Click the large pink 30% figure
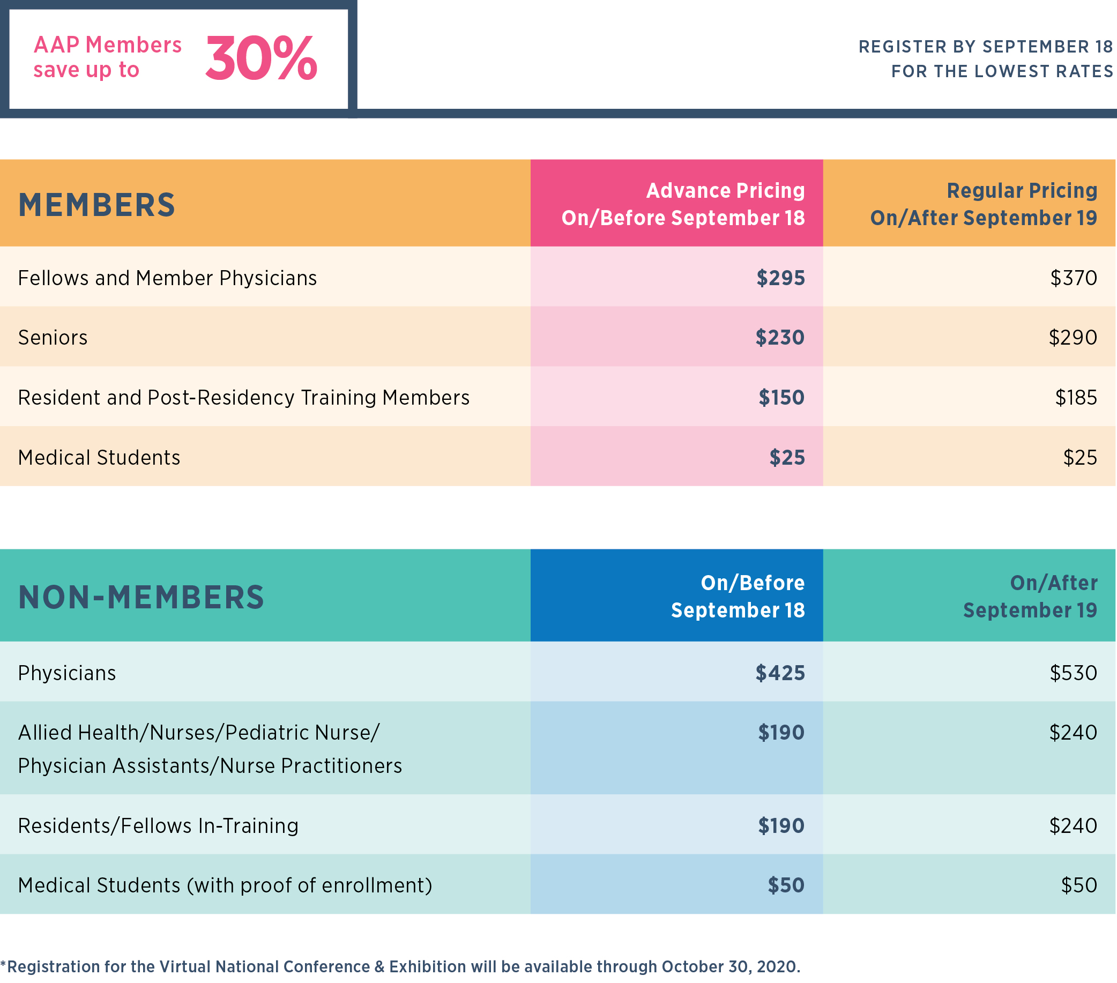pos(261,58)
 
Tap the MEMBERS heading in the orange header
pos(96,205)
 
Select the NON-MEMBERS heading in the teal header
pos(141,597)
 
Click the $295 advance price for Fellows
pos(780,278)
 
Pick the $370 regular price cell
pos(1073,278)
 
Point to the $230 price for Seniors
pos(780,338)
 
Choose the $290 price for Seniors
pos(1073,338)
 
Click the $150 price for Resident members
pos(781,397)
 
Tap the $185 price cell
pos(1076,397)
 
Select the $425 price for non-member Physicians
pos(780,673)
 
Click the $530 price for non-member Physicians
pos(1073,673)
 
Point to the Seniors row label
pos(53,338)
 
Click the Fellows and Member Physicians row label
pos(167,278)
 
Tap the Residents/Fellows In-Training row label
pos(158,825)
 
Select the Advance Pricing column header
pos(683,204)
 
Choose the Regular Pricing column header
pos(984,204)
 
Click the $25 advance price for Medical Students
pos(787,457)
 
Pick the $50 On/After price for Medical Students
pos(1079,885)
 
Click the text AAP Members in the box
pos(108,45)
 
